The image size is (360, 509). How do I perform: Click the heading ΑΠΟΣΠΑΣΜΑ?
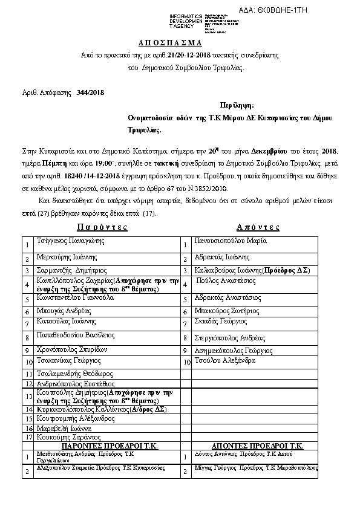179,44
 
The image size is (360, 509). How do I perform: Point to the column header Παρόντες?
102,227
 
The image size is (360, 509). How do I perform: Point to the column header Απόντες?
258,227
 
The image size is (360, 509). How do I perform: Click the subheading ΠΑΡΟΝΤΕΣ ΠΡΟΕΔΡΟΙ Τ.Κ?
110,445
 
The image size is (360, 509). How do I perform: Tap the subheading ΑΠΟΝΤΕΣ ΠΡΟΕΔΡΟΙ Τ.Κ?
257,445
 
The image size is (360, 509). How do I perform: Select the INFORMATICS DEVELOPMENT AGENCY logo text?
186,19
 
